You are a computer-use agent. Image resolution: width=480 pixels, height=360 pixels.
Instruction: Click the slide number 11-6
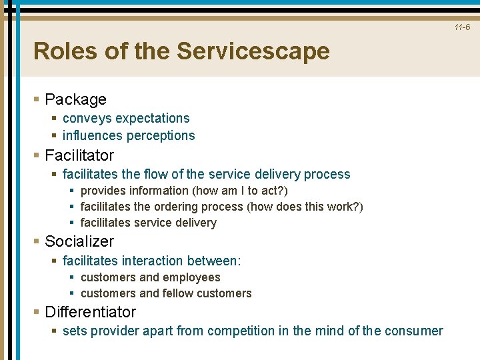point(463,27)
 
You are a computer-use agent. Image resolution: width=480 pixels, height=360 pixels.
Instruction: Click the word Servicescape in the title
point(253,51)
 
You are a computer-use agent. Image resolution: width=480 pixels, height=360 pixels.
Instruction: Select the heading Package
point(75,100)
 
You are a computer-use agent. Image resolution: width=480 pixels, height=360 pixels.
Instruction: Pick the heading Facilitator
point(79,156)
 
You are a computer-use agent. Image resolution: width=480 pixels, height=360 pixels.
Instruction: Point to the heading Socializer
point(79,241)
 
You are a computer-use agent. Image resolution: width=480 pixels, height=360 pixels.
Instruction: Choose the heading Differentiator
point(90,312)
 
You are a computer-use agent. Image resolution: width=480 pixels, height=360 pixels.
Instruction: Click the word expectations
point(153,119)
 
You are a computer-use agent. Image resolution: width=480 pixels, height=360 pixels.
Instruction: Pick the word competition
point(255,331)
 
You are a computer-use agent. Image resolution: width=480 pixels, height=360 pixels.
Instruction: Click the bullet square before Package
point(37,100)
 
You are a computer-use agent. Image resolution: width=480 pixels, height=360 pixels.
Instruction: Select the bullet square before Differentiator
point(37,312)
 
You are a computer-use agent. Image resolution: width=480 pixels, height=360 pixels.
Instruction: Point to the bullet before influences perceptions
point(54,136)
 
